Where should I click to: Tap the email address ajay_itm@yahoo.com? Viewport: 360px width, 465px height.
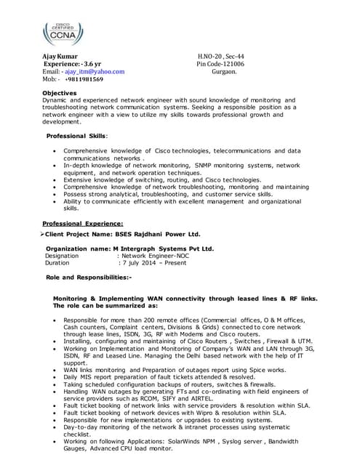tap(95, 72)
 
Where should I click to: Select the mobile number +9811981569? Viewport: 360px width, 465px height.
tap(82, 80)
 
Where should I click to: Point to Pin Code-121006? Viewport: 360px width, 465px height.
tap(220, 64)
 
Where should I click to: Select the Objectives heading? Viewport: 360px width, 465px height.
tap(60, 93)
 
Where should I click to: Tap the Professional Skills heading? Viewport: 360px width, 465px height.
tap(76, 137)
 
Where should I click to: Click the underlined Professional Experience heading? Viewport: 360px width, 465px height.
tap(83, 224)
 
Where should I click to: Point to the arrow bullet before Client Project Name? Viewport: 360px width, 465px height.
tap(41, 235)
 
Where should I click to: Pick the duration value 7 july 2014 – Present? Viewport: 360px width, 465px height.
tap(154, 263)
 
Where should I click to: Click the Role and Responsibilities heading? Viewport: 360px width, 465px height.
tap(89, 278)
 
